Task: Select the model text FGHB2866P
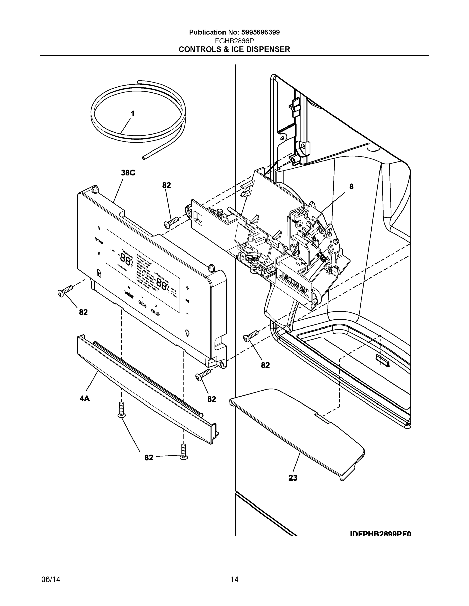(x=234, y=41)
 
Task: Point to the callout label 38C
(x=128, y=173)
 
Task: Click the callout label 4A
(x=85, y=399)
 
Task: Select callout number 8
(x=351, y=187)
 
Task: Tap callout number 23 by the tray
(x=293, y=478)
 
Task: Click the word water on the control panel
(x=129, y=294)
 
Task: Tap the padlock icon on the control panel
(x=98, y=272)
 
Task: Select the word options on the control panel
(x=99, y=240)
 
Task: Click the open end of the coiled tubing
(x=144, y=158)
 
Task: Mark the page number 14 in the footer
(x=234, y=580)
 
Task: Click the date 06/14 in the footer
(x=51, y=580)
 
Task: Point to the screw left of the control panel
(x=65, y=291)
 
